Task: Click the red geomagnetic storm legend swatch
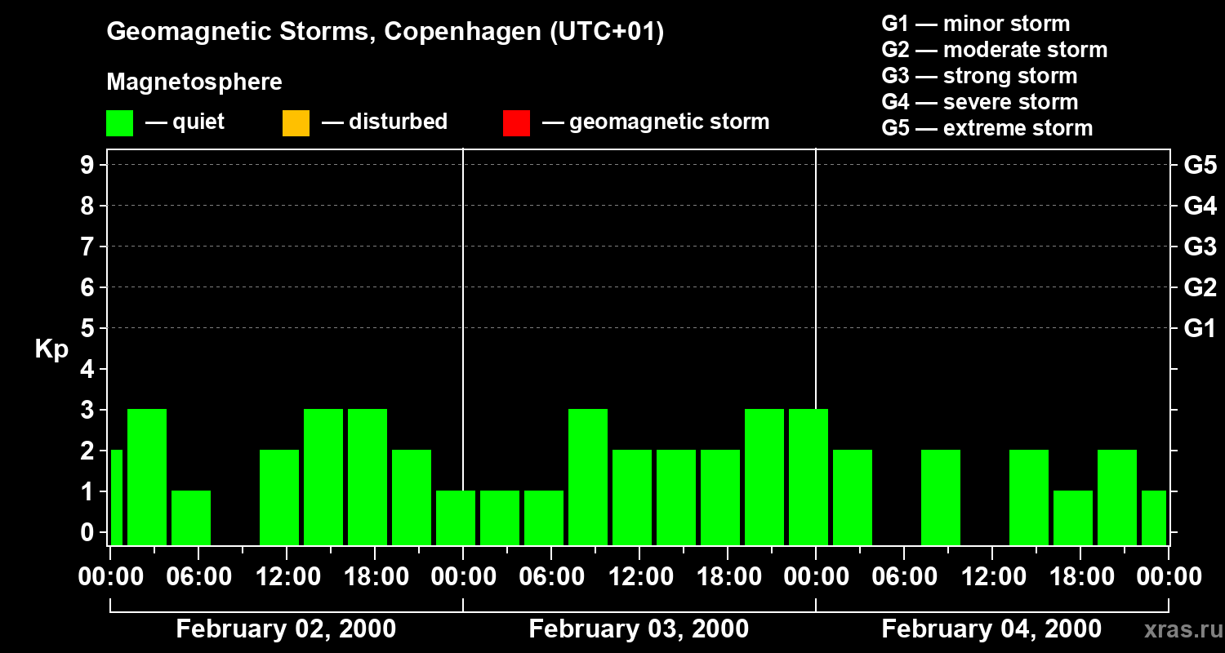[x=516, y=122]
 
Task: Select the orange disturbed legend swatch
[x=296, y=122]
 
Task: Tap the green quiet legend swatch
[x=119, y=122]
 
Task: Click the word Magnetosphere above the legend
[x=194, y=82]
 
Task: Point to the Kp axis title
[x=51, y=349]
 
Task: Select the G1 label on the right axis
[x=1200, y=328]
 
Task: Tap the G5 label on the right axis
[x=1200, y=165]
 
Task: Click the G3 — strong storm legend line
[x=979, y=76]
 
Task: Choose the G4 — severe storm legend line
[x=979, y=102]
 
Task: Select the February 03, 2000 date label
[x=639, y=629]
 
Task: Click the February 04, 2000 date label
[x=991, y=629]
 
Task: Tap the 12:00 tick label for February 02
[x=287, y=577]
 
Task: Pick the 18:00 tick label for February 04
[x=1080, y=577]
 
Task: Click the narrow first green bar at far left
[x=116, y=496]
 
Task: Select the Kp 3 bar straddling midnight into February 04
[x=808, y=476]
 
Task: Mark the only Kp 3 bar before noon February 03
[x=588, y=476]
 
